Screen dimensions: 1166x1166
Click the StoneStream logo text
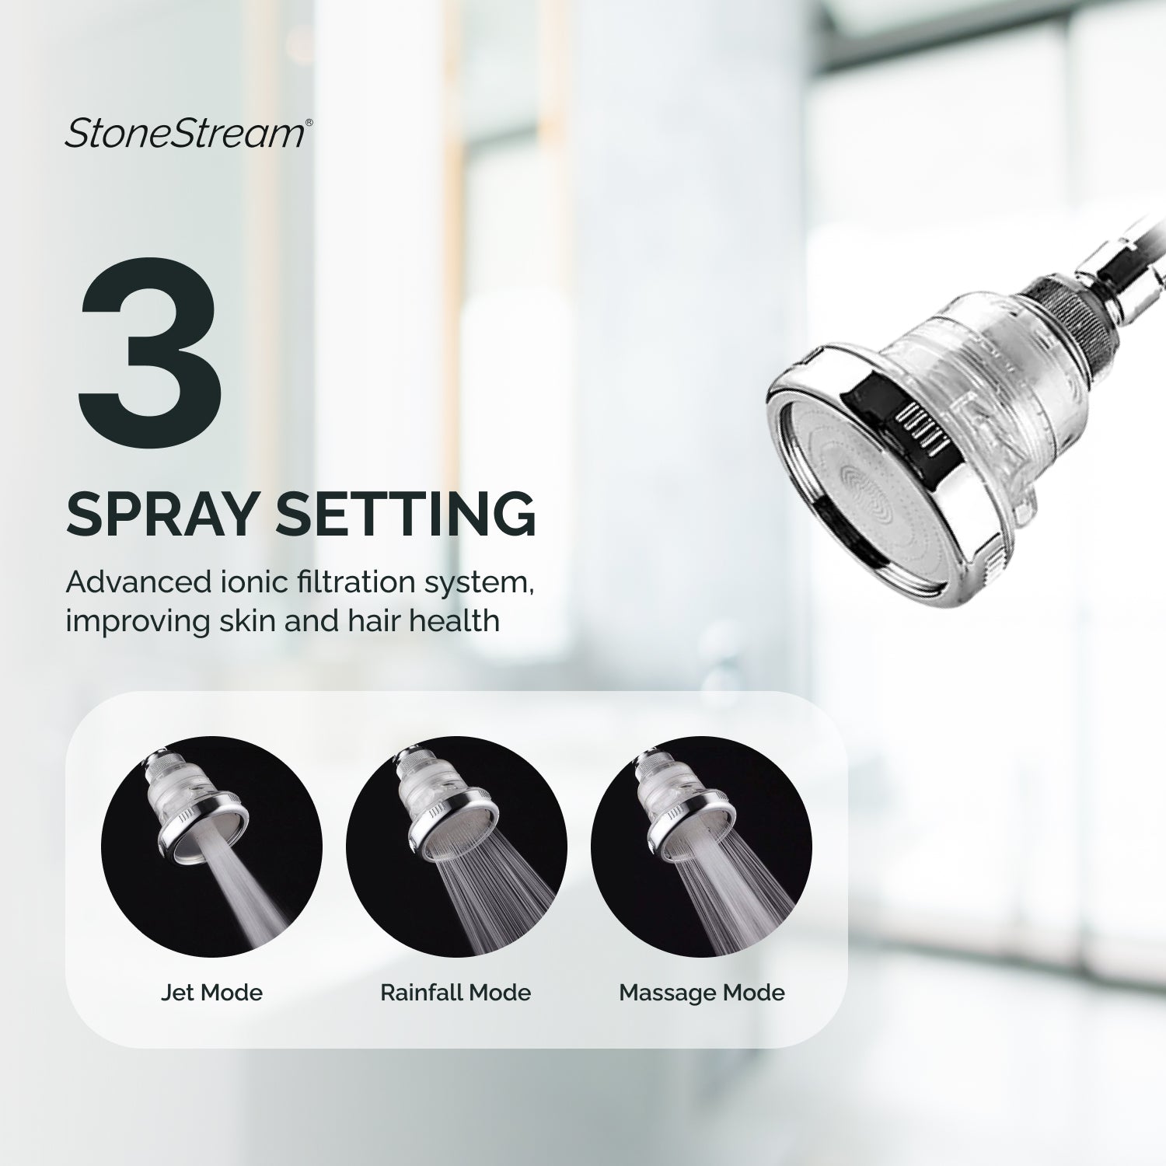[184, 133]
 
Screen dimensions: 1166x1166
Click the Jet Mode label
[211, 993]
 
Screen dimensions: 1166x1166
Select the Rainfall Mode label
[456, 993]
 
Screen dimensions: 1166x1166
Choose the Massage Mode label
[702, 993]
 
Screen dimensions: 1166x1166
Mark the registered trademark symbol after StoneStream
[309, 123]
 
